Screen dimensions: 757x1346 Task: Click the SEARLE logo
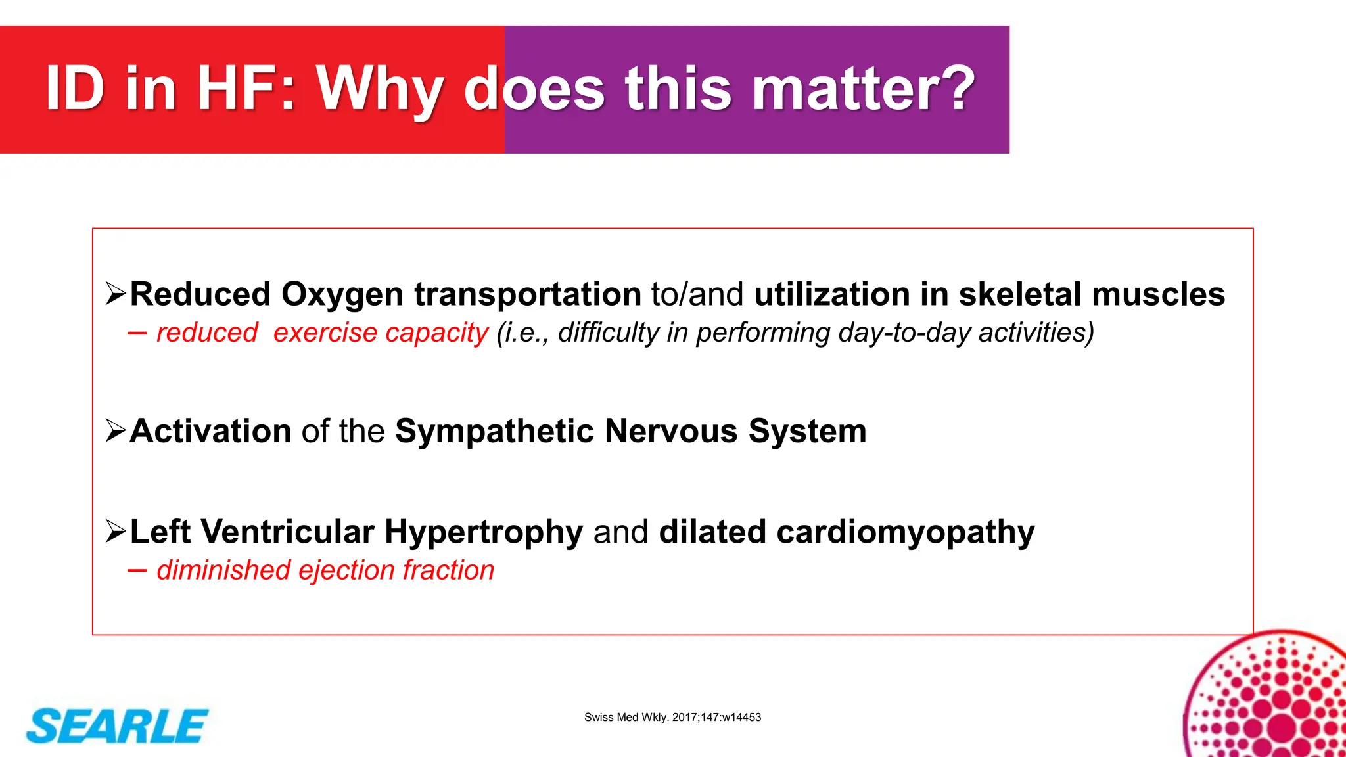117,726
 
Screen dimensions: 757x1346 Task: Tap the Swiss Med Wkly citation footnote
672,717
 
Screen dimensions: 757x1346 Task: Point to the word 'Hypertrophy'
484,532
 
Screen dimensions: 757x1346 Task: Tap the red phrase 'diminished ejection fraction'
325,570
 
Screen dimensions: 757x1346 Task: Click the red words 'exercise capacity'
381,333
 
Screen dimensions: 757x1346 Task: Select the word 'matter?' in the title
863,88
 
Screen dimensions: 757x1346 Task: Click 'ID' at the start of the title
75,88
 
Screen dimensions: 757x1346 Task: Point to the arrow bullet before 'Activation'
116,431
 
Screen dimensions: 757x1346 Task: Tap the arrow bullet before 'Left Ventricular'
116,532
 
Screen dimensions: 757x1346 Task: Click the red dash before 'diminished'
137,570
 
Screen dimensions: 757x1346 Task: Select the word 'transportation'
527,294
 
